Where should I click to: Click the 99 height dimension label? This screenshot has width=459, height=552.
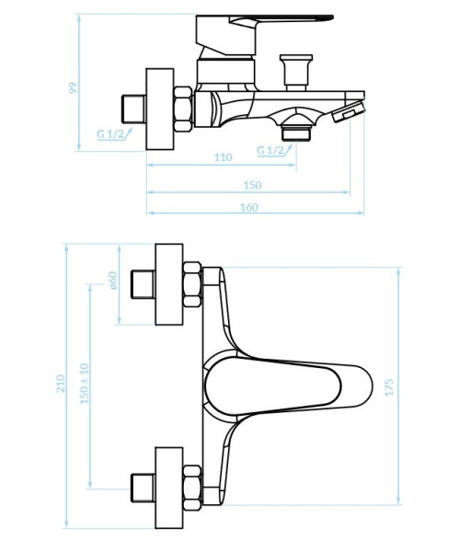pyautogui.click(x=73, y=88)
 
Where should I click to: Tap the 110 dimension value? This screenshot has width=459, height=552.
pyautogui.click(x=224, y=157)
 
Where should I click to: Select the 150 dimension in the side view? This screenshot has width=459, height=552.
pyautogui.click(x=252, y=185)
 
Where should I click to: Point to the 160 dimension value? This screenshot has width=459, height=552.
pyautogui.click(x=249, y=207)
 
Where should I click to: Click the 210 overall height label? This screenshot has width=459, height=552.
pyautogui.click(x=61, y=384)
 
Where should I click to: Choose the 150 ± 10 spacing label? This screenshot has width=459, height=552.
pyautogui.click(x=85, y=383)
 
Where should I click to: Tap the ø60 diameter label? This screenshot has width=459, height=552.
pyautogui.click(x=112, y=281)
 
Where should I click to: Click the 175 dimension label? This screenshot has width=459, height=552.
pyautogui.click(x=388, y=387)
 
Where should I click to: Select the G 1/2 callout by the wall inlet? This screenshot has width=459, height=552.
pyautogui.click(x=110, y=133)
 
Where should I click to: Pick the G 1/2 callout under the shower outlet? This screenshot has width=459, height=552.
pyautogui.click(x=270, y=150)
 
